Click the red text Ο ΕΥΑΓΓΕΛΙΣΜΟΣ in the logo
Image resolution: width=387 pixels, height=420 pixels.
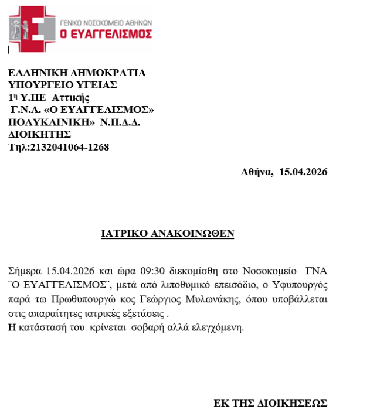[x=107, y=34]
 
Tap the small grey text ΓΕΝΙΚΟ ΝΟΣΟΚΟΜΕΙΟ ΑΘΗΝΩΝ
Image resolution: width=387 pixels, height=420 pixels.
[x=106, y=21]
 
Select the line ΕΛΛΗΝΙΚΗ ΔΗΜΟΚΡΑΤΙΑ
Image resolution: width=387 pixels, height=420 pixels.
[x=77, y=73]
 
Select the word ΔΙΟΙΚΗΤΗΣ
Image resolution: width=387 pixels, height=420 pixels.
[x=40, y=134]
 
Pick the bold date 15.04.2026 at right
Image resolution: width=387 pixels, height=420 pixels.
[x=303, y=172]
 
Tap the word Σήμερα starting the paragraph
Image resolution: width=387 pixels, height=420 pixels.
[x=25, y=272]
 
